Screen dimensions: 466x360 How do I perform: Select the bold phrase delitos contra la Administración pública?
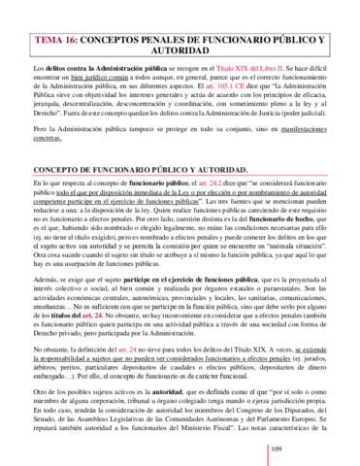pyautogui.click(x=97, y=71)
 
